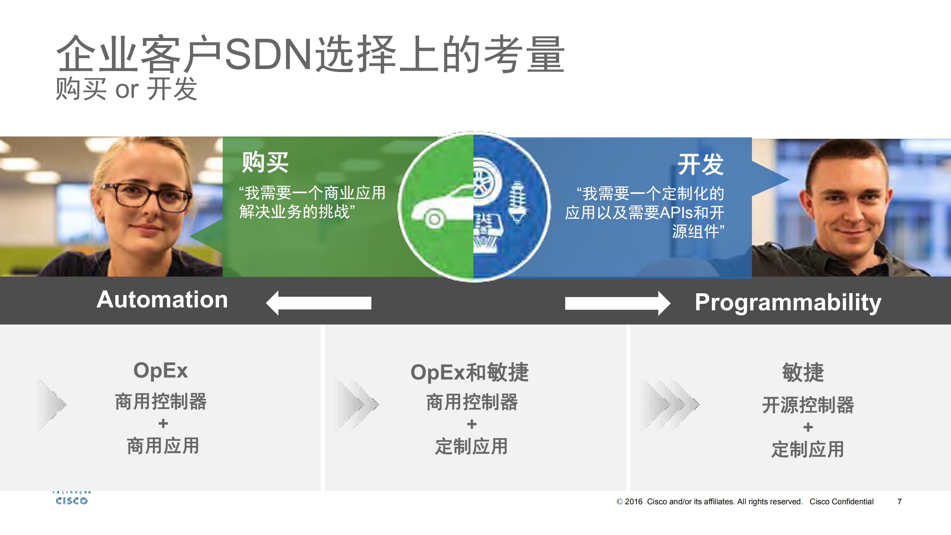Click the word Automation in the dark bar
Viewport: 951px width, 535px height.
tap(162, 299)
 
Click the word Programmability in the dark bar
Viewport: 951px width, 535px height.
tap(788, 303)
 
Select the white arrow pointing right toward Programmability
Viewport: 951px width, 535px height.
tap(618, 303)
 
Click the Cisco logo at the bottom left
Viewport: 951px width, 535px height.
tap(72, 498)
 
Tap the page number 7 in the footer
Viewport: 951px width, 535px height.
tap(899, 501)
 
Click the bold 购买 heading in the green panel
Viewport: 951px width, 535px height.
tap(265, 162)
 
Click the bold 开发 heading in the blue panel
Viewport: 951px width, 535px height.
tap(700, 164)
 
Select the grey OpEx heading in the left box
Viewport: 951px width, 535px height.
tap(161, 370)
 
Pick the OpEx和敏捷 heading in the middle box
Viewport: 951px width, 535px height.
tap(470, 372)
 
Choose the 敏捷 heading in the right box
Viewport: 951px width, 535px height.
tap(803, 372)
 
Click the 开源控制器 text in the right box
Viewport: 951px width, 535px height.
tap(808, 405)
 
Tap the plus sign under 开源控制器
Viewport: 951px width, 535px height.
tap(808, 427)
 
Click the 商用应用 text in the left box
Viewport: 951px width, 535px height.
tap(163, 446)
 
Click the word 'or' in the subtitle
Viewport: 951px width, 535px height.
tap(127, 90)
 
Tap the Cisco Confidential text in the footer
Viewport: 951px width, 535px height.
tap(841, 501)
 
